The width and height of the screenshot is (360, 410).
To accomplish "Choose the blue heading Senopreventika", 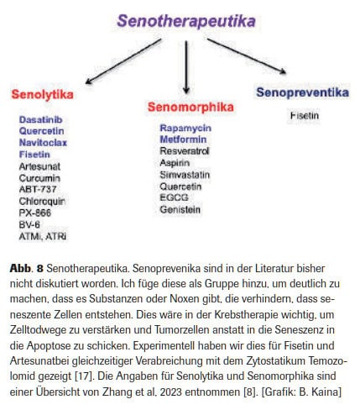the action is [x=302, y=92].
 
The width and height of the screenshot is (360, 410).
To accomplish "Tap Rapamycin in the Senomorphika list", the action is [x=185, y=127].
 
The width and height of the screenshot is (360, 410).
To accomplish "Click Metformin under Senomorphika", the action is [x=184, y=139].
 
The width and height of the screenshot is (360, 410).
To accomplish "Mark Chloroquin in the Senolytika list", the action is [x=41, y=202].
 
